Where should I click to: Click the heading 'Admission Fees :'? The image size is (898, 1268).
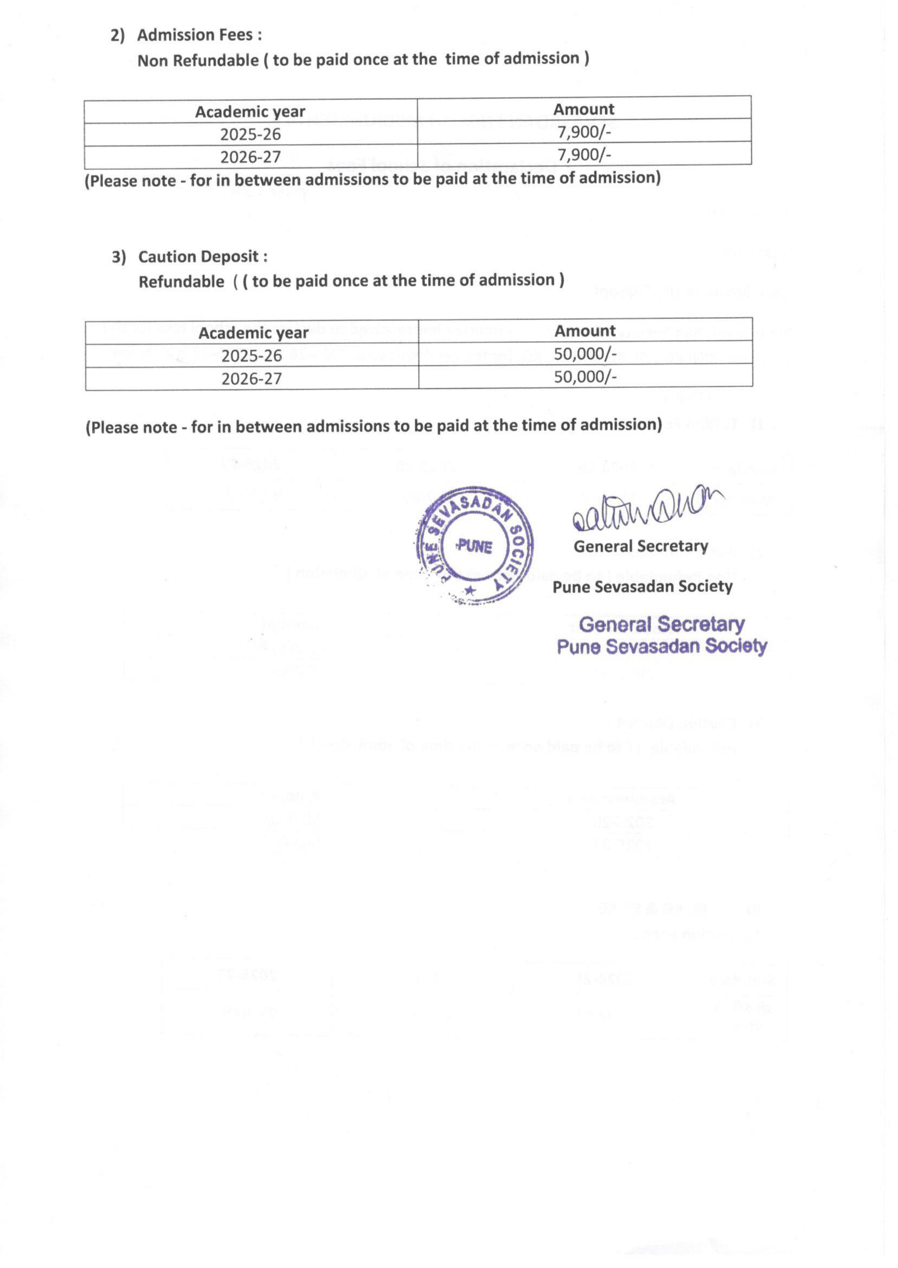[199, 35]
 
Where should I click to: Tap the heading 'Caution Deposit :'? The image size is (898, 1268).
[203, 257]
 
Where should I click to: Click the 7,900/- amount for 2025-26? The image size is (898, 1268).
[584, 132]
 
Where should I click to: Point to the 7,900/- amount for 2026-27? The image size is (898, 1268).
[584, 155]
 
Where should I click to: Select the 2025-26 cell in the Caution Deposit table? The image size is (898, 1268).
[252, 356]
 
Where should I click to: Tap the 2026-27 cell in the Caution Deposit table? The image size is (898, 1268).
[252, 379]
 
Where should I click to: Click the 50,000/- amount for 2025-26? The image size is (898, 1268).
[585, 353]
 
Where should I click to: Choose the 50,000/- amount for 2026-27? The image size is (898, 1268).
[585, 377]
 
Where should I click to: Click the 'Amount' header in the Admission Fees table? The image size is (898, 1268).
[584, 109]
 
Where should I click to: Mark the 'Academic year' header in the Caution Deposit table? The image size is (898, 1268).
[253, 333]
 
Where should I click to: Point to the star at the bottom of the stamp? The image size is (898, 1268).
[470, 590]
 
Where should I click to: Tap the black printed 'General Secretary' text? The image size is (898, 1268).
[641, 546]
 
